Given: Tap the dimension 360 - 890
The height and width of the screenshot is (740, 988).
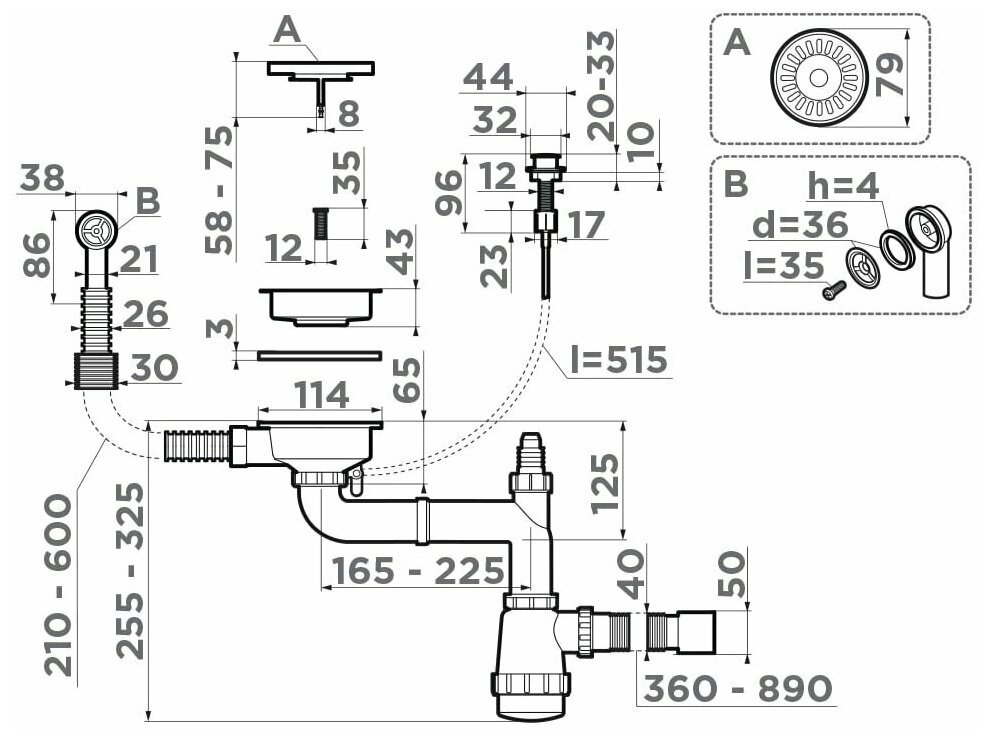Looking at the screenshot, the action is [x=738, y=688].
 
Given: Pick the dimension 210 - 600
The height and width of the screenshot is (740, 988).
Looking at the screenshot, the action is [x=62, y=584].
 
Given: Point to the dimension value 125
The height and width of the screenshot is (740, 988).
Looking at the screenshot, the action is [x=605, y=483].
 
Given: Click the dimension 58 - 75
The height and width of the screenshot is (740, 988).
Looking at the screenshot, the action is [x=220, y=190].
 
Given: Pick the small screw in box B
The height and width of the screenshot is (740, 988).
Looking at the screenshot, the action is [x=833, y=289].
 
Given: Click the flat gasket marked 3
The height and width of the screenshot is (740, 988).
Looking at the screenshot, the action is [x=319, y=355].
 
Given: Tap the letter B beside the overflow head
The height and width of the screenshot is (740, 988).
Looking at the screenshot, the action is [x=148, y=201].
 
